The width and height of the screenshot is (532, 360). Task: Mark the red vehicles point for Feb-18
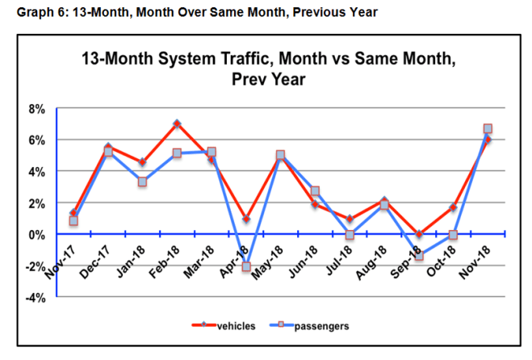177,123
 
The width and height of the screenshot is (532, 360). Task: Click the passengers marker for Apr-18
245,266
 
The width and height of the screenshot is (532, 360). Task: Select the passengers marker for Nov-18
488,128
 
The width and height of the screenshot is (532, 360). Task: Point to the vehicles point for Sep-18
419,235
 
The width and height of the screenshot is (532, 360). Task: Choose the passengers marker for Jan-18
142,182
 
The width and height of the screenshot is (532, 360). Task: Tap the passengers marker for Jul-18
350,235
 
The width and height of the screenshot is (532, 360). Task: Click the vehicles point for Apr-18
245,219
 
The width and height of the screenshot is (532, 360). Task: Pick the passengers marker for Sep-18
419,256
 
